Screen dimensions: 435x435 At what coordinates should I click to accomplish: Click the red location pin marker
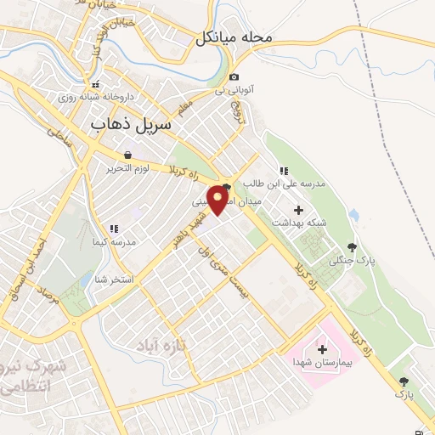[x=218, y=199]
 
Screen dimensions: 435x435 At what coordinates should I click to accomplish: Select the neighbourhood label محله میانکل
[x=233, y=38]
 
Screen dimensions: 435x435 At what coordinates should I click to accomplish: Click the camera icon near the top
[x=234, y=77]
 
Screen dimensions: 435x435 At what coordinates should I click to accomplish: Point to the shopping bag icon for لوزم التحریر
[x=127, y=155]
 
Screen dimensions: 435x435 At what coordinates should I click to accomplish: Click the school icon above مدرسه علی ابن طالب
[x=283, y=172]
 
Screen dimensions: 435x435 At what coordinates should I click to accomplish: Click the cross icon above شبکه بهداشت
[x=297, y=210]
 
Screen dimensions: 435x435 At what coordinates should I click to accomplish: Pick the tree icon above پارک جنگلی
[x=352, y=247]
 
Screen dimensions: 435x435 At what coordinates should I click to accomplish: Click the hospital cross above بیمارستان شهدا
[x=321, y=349]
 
